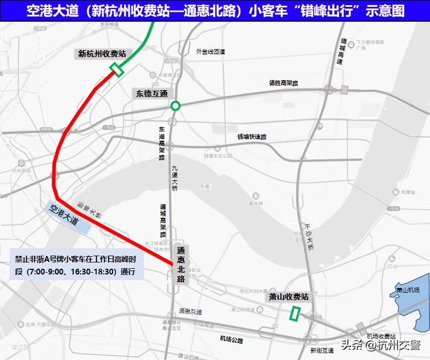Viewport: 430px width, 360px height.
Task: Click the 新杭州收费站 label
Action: (x=102, y=54)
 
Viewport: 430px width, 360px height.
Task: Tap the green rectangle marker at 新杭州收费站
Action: (x=117, y=70)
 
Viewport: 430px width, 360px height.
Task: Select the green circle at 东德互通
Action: (x=175, y=106)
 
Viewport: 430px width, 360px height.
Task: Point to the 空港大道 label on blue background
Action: (x=64, y=215)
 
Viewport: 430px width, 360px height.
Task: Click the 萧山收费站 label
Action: (x=289, y=297)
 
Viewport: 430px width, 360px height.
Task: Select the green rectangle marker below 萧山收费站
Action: (x=295, y=314)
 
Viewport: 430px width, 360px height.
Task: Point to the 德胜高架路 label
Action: (x=284, y=83)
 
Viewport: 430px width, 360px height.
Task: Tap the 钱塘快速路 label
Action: (x=252, y=137)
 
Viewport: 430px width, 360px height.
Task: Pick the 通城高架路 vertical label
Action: (x=163, y=220)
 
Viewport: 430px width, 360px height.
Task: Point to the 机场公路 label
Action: (x=231, y=340)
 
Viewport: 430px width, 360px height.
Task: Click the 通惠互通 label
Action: (x=190, y=312)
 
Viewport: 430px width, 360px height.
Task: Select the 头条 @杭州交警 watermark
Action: (x=380, y=345)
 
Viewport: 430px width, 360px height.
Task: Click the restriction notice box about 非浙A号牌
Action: (x=75, y=264)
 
